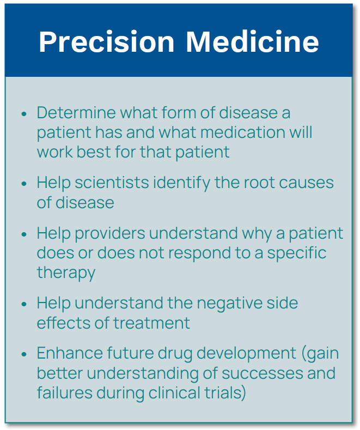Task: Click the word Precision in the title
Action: point(107,42)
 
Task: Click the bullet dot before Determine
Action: point(24,113)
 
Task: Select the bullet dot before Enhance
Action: point(24,354)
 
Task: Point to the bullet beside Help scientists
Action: point(24,184)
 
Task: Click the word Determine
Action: point(76,112)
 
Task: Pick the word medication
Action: point(243,132)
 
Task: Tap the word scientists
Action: point(112,183)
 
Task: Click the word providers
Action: point(110,234)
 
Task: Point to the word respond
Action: point(199,253)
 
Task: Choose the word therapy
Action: point(66,272)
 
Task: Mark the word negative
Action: point(227,303)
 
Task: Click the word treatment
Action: point(151,323)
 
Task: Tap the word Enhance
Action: point(70,353)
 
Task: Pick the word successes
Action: point(262,373)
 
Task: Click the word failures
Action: point(65,392)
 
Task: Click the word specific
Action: point(297,253)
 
